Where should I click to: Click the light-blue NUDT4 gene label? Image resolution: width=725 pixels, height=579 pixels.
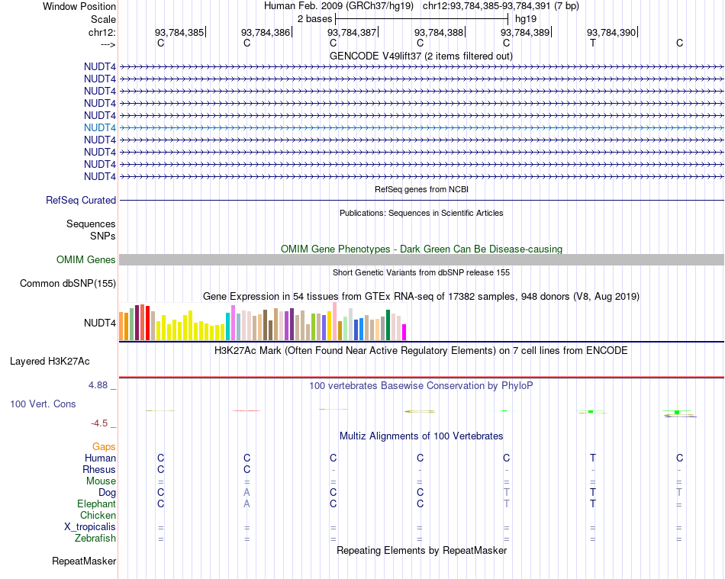(100, 127)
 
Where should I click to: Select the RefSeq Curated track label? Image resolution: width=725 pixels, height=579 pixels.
(81, 200)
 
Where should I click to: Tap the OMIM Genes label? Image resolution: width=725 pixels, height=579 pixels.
(86, 260)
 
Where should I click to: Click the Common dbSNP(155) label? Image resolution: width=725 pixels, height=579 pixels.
(68, 284)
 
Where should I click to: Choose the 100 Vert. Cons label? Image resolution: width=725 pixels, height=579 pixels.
(43, 404)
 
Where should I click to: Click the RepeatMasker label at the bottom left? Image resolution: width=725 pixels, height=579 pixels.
(84, 561)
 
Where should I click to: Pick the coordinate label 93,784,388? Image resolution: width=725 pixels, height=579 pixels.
(439, 33)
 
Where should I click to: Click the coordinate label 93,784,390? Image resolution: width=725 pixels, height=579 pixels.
(611, 33)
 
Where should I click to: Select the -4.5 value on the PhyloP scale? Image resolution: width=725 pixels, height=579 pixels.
(100, 423)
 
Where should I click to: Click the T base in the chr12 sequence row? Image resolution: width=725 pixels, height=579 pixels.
(593, 43)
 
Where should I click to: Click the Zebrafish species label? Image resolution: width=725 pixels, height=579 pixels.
(96, 539)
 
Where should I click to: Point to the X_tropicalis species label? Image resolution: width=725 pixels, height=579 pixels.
(90, 527)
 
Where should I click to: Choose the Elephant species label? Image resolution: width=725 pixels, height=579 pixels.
(96, 504)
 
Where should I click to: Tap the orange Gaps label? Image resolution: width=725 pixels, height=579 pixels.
(104, 446)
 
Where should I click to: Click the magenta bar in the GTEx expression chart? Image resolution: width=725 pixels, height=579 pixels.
(404, 332)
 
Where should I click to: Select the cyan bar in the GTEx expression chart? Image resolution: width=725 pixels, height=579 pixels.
(228, 326)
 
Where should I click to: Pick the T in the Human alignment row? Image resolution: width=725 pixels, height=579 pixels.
(593, 458)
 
